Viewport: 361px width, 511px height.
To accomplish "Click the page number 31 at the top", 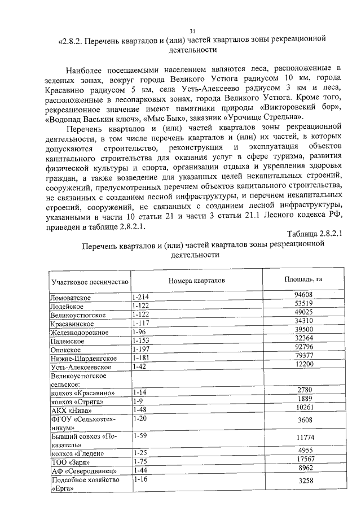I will click(x=192, y=30).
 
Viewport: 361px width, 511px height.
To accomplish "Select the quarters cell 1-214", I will click(x=140, y=297).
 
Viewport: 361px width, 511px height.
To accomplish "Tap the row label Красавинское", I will click(x=72, y=324).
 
